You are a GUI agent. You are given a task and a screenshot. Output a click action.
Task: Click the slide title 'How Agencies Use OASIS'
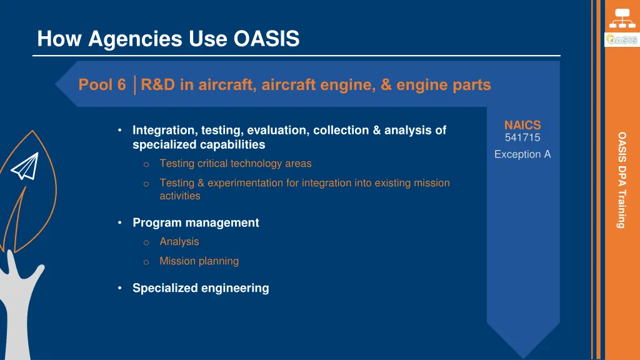[x=168, y=39]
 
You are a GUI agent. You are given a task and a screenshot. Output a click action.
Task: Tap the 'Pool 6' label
[x=102, y=84]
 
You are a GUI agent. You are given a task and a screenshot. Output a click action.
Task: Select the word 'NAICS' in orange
[x=522, y=126]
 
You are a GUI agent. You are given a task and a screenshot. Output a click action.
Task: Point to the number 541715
[x=522, y=138]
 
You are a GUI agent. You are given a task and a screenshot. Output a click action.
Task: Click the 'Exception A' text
[x=522, y=154]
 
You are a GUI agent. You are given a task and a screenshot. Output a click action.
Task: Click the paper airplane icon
[x=25, y=167]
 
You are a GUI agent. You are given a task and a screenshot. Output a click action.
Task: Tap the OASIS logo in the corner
[x=621, y=40]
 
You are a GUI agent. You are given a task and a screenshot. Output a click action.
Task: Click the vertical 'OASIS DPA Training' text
[x=621, y=179]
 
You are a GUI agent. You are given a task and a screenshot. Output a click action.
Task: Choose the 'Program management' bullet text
[x=196, y=222]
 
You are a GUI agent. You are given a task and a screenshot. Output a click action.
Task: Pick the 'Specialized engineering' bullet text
[x=201, y=288]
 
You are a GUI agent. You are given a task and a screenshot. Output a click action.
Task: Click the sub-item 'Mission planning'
[x=199, y=261]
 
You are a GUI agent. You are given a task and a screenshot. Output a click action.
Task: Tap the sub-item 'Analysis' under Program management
[x=179, y=242]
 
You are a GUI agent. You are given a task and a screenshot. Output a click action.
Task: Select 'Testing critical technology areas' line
[x=235, y=164]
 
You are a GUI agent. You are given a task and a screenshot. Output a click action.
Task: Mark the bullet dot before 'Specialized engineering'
[x=119, y=288]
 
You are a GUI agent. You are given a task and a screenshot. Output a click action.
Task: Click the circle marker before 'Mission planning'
[x=145, y=262]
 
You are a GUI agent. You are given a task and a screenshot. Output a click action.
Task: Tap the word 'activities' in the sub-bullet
[x=180, y=196]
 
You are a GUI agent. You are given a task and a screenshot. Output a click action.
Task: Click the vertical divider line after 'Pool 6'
[x=135, y=84]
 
